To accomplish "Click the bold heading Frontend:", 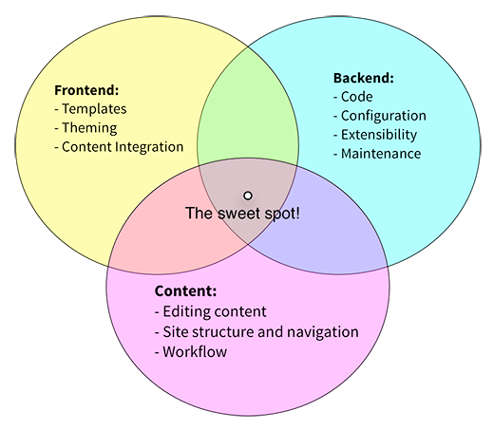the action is [86, 90].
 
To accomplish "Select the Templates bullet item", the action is [90, 109].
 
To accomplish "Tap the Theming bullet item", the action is [85, 128].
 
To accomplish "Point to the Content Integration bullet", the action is [119, 147].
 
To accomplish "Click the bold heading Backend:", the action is [364, 78].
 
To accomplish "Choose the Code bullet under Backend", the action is [353, 97].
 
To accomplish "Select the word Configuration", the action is [384, 116].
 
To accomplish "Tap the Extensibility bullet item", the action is [375, 135].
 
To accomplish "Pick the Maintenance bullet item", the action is [377, 154].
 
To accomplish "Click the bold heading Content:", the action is [185, 291].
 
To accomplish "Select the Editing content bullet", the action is [211, 311].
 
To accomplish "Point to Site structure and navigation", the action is [256, 332].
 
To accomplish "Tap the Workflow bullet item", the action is [191, 352].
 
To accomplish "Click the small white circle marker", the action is [248, 196].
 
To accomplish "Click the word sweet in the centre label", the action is [239, 214].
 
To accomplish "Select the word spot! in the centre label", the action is [282, 215].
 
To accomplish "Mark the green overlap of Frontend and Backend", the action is [248, 107].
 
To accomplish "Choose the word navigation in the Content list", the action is [323, 332].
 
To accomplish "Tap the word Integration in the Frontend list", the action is [149, 147].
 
